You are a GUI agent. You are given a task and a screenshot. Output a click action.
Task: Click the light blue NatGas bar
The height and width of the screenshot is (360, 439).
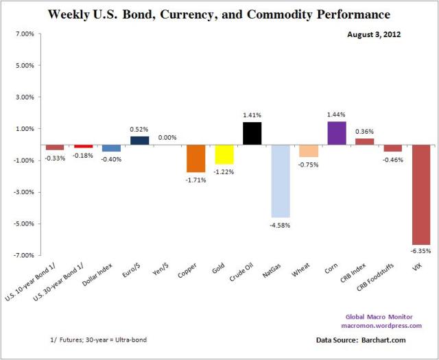point(281,181)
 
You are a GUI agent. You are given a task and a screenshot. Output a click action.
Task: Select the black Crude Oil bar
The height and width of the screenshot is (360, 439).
point(252,133)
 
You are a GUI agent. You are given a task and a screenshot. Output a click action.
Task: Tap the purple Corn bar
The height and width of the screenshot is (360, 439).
point(336,133)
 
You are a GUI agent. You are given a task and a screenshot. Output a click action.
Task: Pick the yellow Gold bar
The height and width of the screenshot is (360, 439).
point(224,154)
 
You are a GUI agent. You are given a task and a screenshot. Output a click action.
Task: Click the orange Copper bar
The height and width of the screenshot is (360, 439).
point(196,158)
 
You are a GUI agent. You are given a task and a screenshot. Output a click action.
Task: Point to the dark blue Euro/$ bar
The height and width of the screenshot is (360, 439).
point(140,141)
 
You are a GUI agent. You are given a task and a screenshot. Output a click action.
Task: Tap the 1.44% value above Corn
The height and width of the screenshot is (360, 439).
point(336,115)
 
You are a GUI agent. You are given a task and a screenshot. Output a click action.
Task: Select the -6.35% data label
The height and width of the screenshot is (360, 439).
point(420,251)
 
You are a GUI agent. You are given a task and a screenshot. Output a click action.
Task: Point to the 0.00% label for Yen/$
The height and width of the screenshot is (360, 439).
point(168,137)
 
